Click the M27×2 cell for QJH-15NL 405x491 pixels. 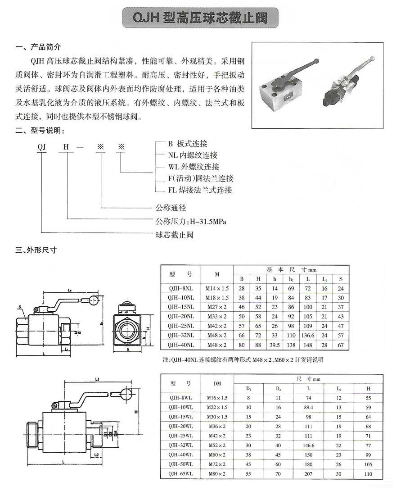tap(217, 307)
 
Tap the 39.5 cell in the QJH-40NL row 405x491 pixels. tap(274, 345)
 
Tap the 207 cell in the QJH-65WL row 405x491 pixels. tap(308, 474)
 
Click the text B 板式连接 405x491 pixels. tap(188, 144)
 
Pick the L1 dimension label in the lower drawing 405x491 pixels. tap(97, 379)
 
